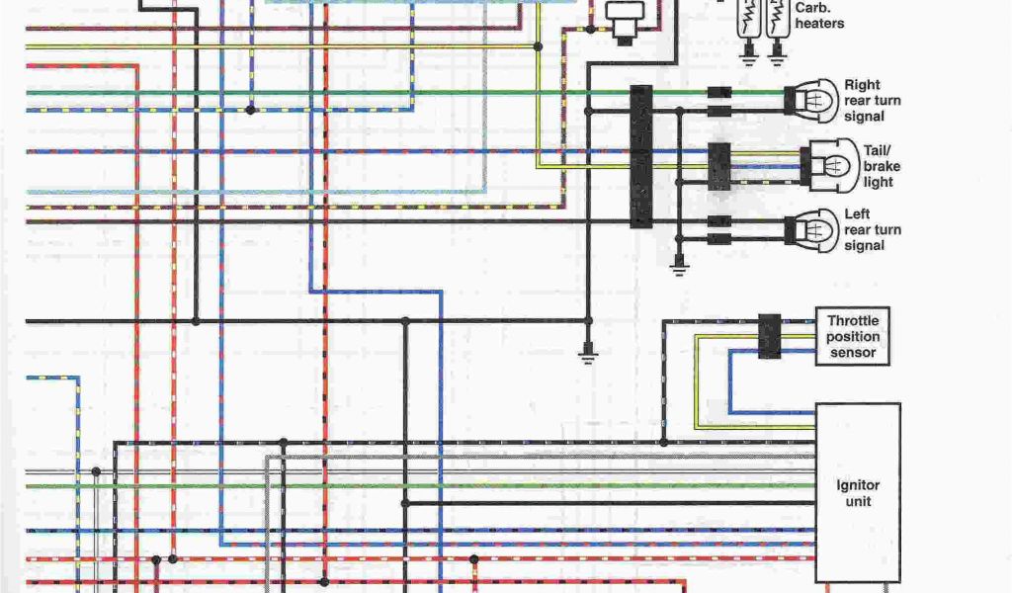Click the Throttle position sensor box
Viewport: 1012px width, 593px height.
click(852, 336)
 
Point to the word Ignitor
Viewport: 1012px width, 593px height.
click(857, 485)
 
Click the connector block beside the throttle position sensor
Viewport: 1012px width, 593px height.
click(769, 336)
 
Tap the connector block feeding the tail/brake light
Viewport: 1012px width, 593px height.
click(719, 166)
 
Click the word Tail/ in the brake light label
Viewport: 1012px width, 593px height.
click(878, 150)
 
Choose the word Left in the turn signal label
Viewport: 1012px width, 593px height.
click(856, 214)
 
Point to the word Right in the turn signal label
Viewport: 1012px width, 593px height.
click(862, 85)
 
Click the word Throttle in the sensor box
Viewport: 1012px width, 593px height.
click(852, 321)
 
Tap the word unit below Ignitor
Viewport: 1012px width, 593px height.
click(858, 501)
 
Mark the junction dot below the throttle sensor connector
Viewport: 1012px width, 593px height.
click(664, 442)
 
